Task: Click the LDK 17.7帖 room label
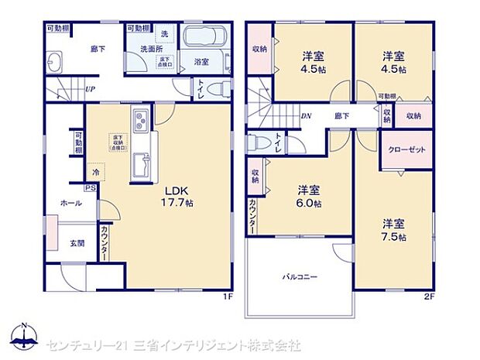point(177,197)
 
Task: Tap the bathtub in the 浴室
point(203,37)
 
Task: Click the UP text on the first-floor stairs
point(91,89)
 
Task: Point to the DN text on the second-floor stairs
point(307,116)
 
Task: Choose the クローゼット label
point(406,149)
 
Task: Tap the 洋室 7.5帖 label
point(393,230)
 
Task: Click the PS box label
point(90,187)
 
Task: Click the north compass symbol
point(25,334)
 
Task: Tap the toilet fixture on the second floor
point(261,142)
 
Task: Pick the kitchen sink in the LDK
point(140,165)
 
